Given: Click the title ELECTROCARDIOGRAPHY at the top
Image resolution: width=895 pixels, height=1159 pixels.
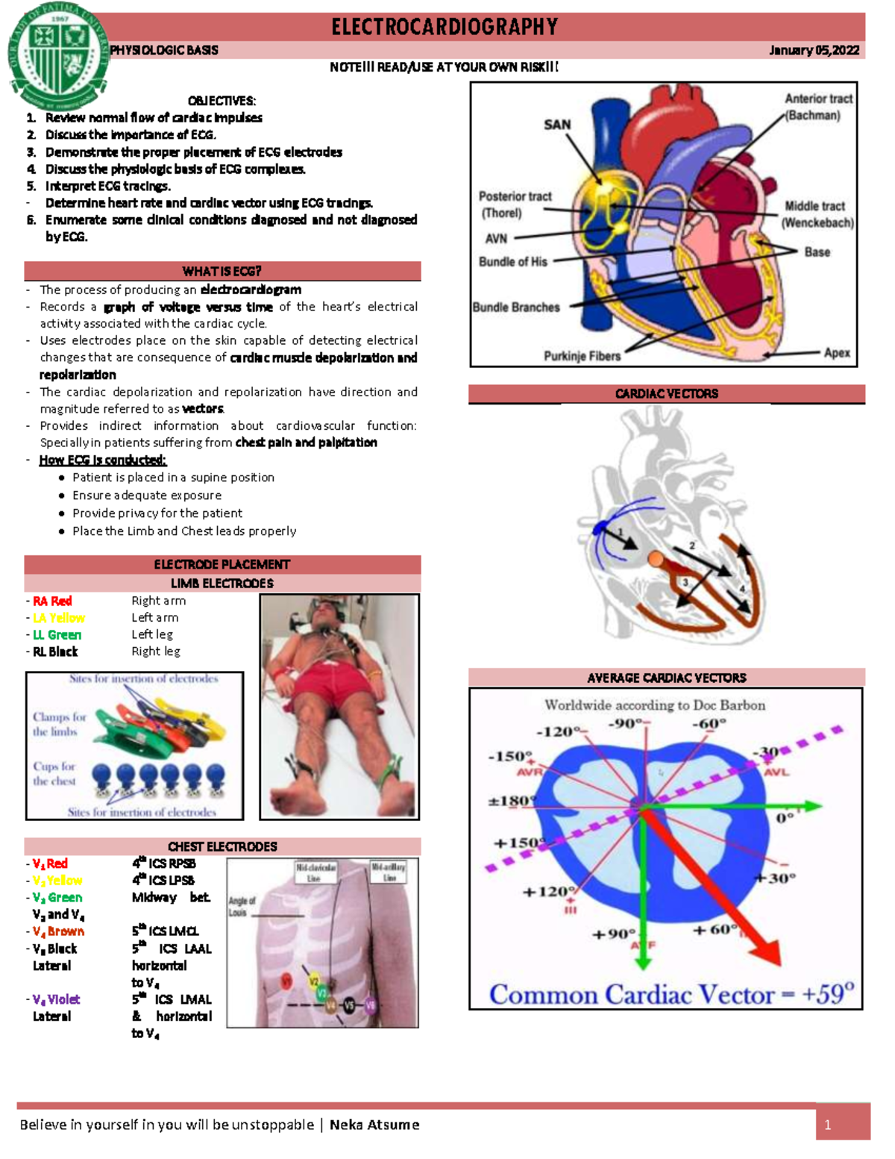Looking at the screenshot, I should (x=445, y=28).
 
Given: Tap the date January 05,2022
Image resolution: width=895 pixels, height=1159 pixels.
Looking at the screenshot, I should (x=814, y=50).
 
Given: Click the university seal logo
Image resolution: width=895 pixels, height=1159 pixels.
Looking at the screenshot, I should (x=58, y=56).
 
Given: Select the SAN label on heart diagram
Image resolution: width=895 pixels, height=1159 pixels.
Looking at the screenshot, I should (x=557, y=125).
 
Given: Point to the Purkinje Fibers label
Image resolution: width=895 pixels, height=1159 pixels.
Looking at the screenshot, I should (x=582, y=356).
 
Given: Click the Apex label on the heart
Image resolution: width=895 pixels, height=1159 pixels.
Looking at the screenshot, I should (x=837, y=352).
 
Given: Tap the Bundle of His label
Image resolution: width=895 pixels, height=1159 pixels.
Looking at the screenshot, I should (x=513, y=262).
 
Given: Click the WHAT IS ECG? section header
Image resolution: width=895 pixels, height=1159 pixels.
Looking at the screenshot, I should (x=222, y=271).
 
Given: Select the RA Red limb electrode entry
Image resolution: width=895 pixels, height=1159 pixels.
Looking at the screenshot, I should (x=52, y=601).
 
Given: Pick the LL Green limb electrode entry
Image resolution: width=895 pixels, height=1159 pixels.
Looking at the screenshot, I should (x=57, y=634).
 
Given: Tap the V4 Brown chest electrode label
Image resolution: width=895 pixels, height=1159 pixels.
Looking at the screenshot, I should (x=58, y=931).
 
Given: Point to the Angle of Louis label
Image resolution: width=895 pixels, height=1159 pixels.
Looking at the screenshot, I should (x=242, y=906).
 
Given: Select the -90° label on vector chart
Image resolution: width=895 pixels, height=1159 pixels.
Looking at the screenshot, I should (x=627, y=723).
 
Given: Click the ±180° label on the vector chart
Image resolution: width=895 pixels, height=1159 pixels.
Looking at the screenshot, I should (x=512, y=801).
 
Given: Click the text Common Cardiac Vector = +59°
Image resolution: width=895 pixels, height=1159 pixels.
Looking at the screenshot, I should (x=671, y=994).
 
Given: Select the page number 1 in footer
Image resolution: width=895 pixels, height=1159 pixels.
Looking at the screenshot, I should (x=828, y=1125).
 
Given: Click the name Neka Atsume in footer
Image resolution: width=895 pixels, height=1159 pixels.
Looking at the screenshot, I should (x=374, y=1125).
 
